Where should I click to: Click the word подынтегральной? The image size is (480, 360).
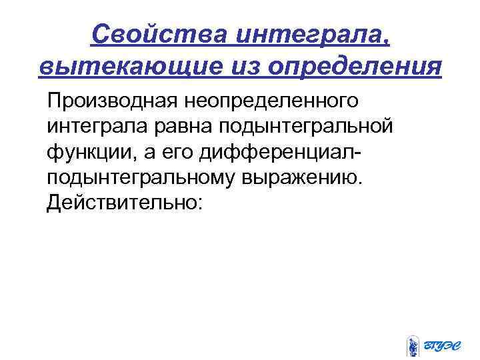(315, 129)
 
